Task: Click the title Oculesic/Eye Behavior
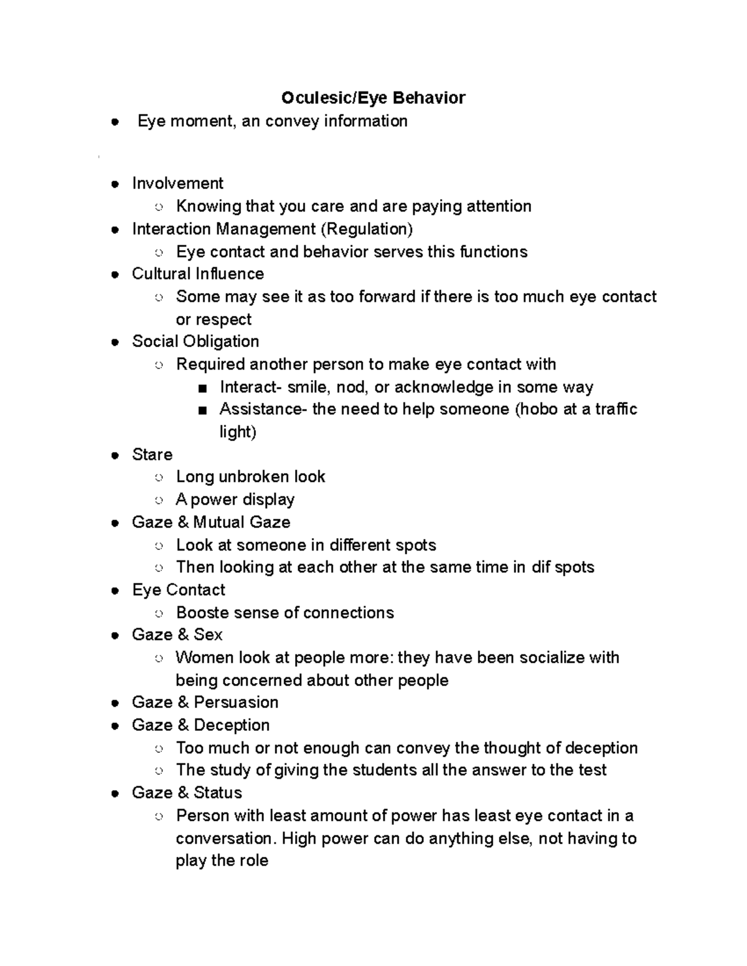tap(373, 98)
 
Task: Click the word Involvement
tap(177, 183)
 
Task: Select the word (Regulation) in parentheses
tap(367, 229)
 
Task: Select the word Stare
tap(152, 455)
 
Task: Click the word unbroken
tap(254, 477)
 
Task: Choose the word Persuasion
tap(236, 702)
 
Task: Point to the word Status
tap(217, 792)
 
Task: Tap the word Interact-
tap(250, 388)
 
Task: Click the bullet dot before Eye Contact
tap(115, 591)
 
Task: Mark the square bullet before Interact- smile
tap(201, 389)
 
